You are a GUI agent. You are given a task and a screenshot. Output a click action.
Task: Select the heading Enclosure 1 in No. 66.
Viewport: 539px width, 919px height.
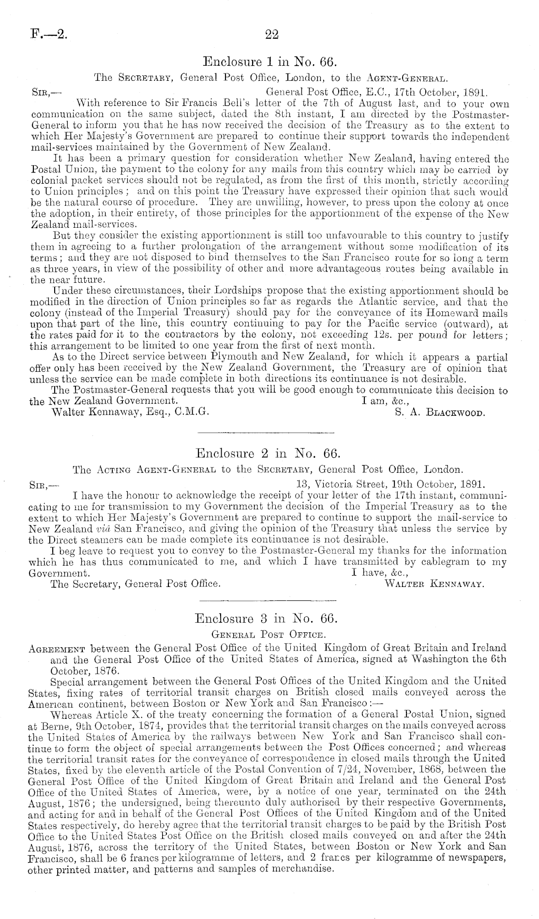point(269,62)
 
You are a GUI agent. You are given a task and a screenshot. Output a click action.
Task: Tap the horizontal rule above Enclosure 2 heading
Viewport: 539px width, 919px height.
point(267,432)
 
